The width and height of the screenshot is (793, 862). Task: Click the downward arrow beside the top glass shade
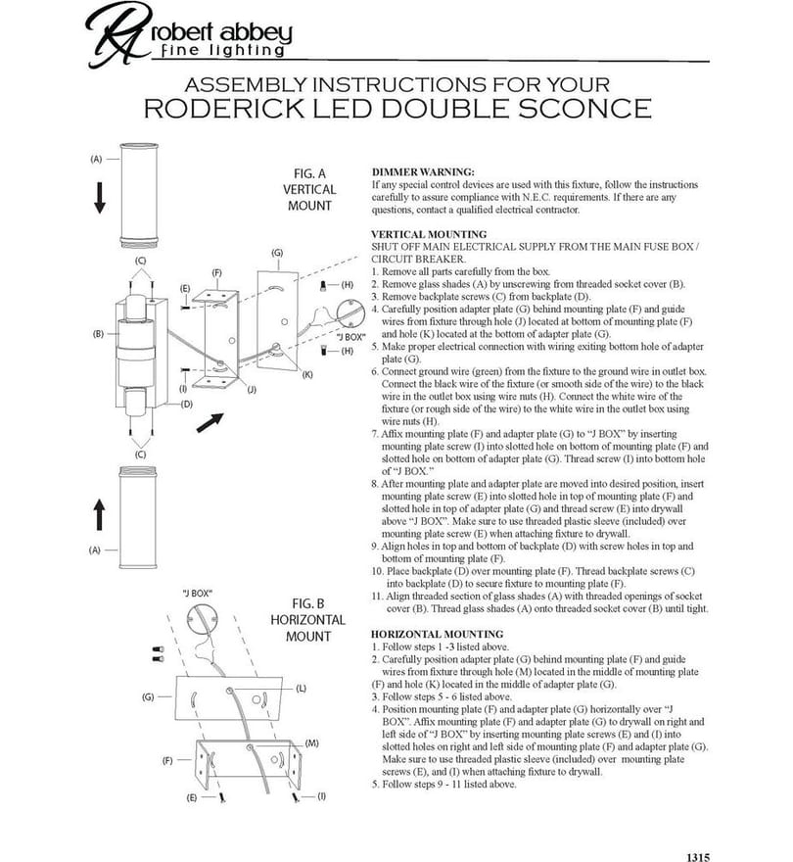click(100, 199)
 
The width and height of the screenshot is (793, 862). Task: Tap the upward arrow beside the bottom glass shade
click(99, 514)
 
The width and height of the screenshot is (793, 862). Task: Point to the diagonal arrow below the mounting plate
click(210, 422)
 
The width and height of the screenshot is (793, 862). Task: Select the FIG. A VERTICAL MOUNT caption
click(309, 190)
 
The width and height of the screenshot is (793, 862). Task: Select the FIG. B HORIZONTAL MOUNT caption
click(307, 620)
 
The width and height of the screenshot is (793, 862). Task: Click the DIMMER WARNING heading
click(423, 172)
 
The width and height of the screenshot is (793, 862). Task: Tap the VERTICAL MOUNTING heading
click(429, 234)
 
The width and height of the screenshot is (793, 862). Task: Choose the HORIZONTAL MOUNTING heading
click(437, 634)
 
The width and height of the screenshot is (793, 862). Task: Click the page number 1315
click(698, 857)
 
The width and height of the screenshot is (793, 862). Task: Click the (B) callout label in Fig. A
click(98, 334)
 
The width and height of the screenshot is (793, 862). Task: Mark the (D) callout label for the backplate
click(187, 404)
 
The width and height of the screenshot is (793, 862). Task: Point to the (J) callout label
click(252, 390)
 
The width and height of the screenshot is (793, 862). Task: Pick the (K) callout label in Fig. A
click(307, 374)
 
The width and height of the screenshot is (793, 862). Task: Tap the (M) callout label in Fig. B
click(311, 743)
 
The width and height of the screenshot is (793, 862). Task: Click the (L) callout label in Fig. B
click(302, 689)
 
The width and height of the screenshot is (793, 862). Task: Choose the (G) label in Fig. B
click(148, 697)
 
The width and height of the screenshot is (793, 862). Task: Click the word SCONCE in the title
click(584, 109)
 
